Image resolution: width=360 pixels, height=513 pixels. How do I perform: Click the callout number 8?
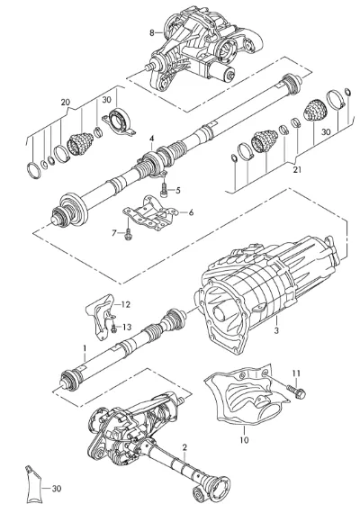[151, 32]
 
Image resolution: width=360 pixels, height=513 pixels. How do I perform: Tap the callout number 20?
[66, 103]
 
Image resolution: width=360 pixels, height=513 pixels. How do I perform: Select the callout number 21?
[297, 170]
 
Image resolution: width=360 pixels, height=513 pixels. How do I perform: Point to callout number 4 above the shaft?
[151, 139]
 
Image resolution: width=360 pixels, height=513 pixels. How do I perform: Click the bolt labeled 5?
[164, 189]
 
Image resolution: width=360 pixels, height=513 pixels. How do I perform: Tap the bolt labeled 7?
[128, 232]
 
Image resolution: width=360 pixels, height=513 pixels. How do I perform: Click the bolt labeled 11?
[296, 391]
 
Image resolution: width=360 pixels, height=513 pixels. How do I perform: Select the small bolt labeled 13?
[113, 329]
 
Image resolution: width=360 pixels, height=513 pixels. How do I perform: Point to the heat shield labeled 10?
[247, 396]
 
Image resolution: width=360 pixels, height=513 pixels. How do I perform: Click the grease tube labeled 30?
[32, 487]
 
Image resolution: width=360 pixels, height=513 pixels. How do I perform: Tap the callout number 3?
[276, 330]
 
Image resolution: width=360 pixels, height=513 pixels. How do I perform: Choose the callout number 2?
[184, 447]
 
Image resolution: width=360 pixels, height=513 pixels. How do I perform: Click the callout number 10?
[244, 440]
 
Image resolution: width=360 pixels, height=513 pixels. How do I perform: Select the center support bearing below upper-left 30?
[119, 122]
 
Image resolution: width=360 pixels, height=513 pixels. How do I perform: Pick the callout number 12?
[126, 304]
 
